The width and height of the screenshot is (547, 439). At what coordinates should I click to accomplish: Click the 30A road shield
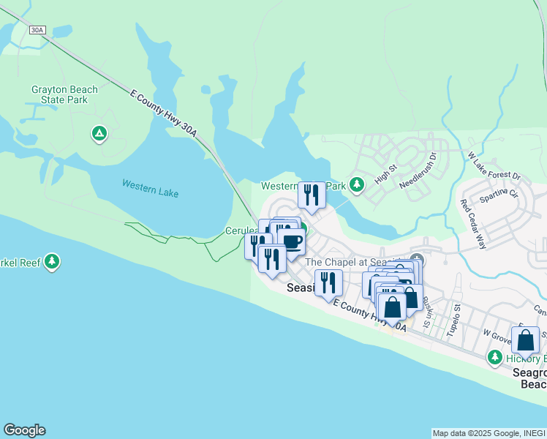tap(38, 30)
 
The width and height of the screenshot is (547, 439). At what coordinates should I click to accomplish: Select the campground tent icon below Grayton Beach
tap(99, 133)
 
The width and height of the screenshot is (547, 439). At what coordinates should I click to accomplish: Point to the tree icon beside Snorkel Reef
tap(51, 261)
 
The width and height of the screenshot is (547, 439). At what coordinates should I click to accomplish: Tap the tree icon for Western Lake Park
tap(356, 184)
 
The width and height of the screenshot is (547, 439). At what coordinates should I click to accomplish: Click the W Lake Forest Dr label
tap(494, 166)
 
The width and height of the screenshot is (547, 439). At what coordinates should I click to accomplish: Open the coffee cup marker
tap(291, 242)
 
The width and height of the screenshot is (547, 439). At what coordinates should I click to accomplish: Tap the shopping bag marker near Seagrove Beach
tap(525, 341)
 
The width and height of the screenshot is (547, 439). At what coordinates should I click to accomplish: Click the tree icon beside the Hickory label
tap(495, 357)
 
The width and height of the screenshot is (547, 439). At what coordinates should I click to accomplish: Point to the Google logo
tap(24, 430)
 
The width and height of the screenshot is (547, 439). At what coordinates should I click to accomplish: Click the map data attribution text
tap(488, 433)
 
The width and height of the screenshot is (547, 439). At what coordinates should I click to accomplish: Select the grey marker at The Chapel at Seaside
tap(417, 260)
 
